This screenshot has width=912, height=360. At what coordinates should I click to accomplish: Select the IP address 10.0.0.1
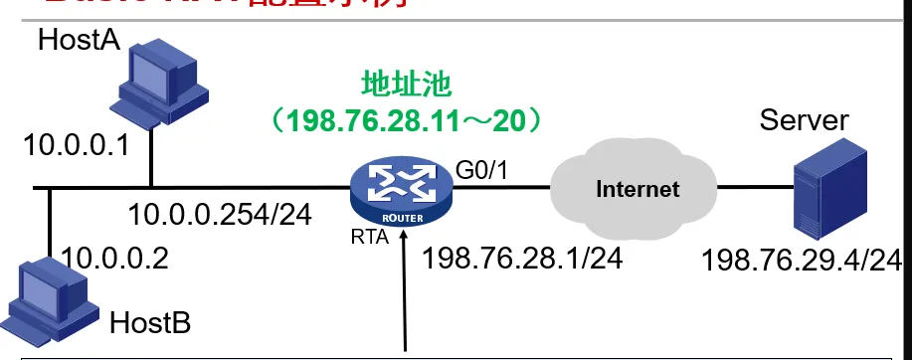click(77, 147)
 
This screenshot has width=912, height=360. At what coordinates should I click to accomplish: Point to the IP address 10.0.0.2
click(114, 259)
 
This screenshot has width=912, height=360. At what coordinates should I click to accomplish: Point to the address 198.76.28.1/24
click(522, 259)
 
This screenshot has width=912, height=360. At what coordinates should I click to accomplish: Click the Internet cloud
click(637, 188)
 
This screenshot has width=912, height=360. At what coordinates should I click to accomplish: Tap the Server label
click(804, 121)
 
